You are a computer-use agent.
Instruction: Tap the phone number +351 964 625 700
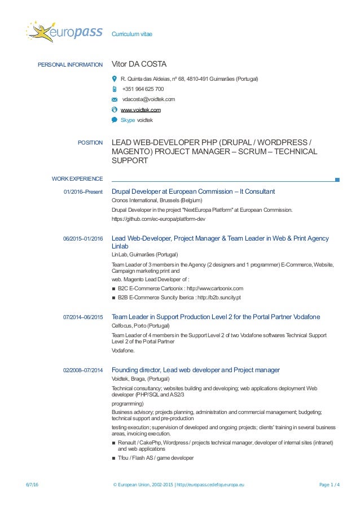coord(143,89)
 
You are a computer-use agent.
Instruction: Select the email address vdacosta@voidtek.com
coord(148,99)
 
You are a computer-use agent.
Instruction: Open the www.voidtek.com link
coord(141,110)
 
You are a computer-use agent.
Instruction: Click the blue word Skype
coord(128,120)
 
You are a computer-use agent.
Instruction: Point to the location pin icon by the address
coord(115,79)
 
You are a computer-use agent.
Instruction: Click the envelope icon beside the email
coord(115,99)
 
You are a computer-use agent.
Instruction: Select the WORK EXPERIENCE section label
coord(77,179)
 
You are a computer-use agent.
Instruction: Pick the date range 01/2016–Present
coord(84,192)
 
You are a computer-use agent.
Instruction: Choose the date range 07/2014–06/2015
coord(83,317)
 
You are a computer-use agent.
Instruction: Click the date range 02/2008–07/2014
coord(83,370)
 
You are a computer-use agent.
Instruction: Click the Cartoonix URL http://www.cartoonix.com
coord(214,288)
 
